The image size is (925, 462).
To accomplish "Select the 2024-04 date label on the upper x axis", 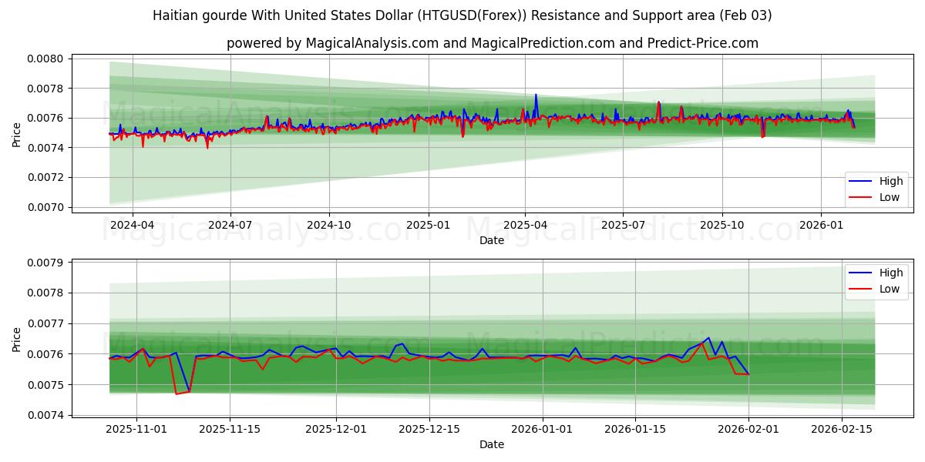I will point(133,225).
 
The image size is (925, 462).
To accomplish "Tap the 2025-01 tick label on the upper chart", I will point(428,225).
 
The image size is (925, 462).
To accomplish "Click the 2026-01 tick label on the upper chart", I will point(820,225).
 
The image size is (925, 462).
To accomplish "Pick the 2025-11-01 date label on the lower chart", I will point(136,429).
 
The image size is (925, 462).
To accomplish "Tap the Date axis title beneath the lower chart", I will point(492,444).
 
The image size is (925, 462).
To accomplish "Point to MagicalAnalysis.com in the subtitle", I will point(368,43).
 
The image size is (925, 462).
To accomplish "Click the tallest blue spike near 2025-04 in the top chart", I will point(536,95).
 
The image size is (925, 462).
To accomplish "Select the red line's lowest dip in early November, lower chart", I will point(176,394).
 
